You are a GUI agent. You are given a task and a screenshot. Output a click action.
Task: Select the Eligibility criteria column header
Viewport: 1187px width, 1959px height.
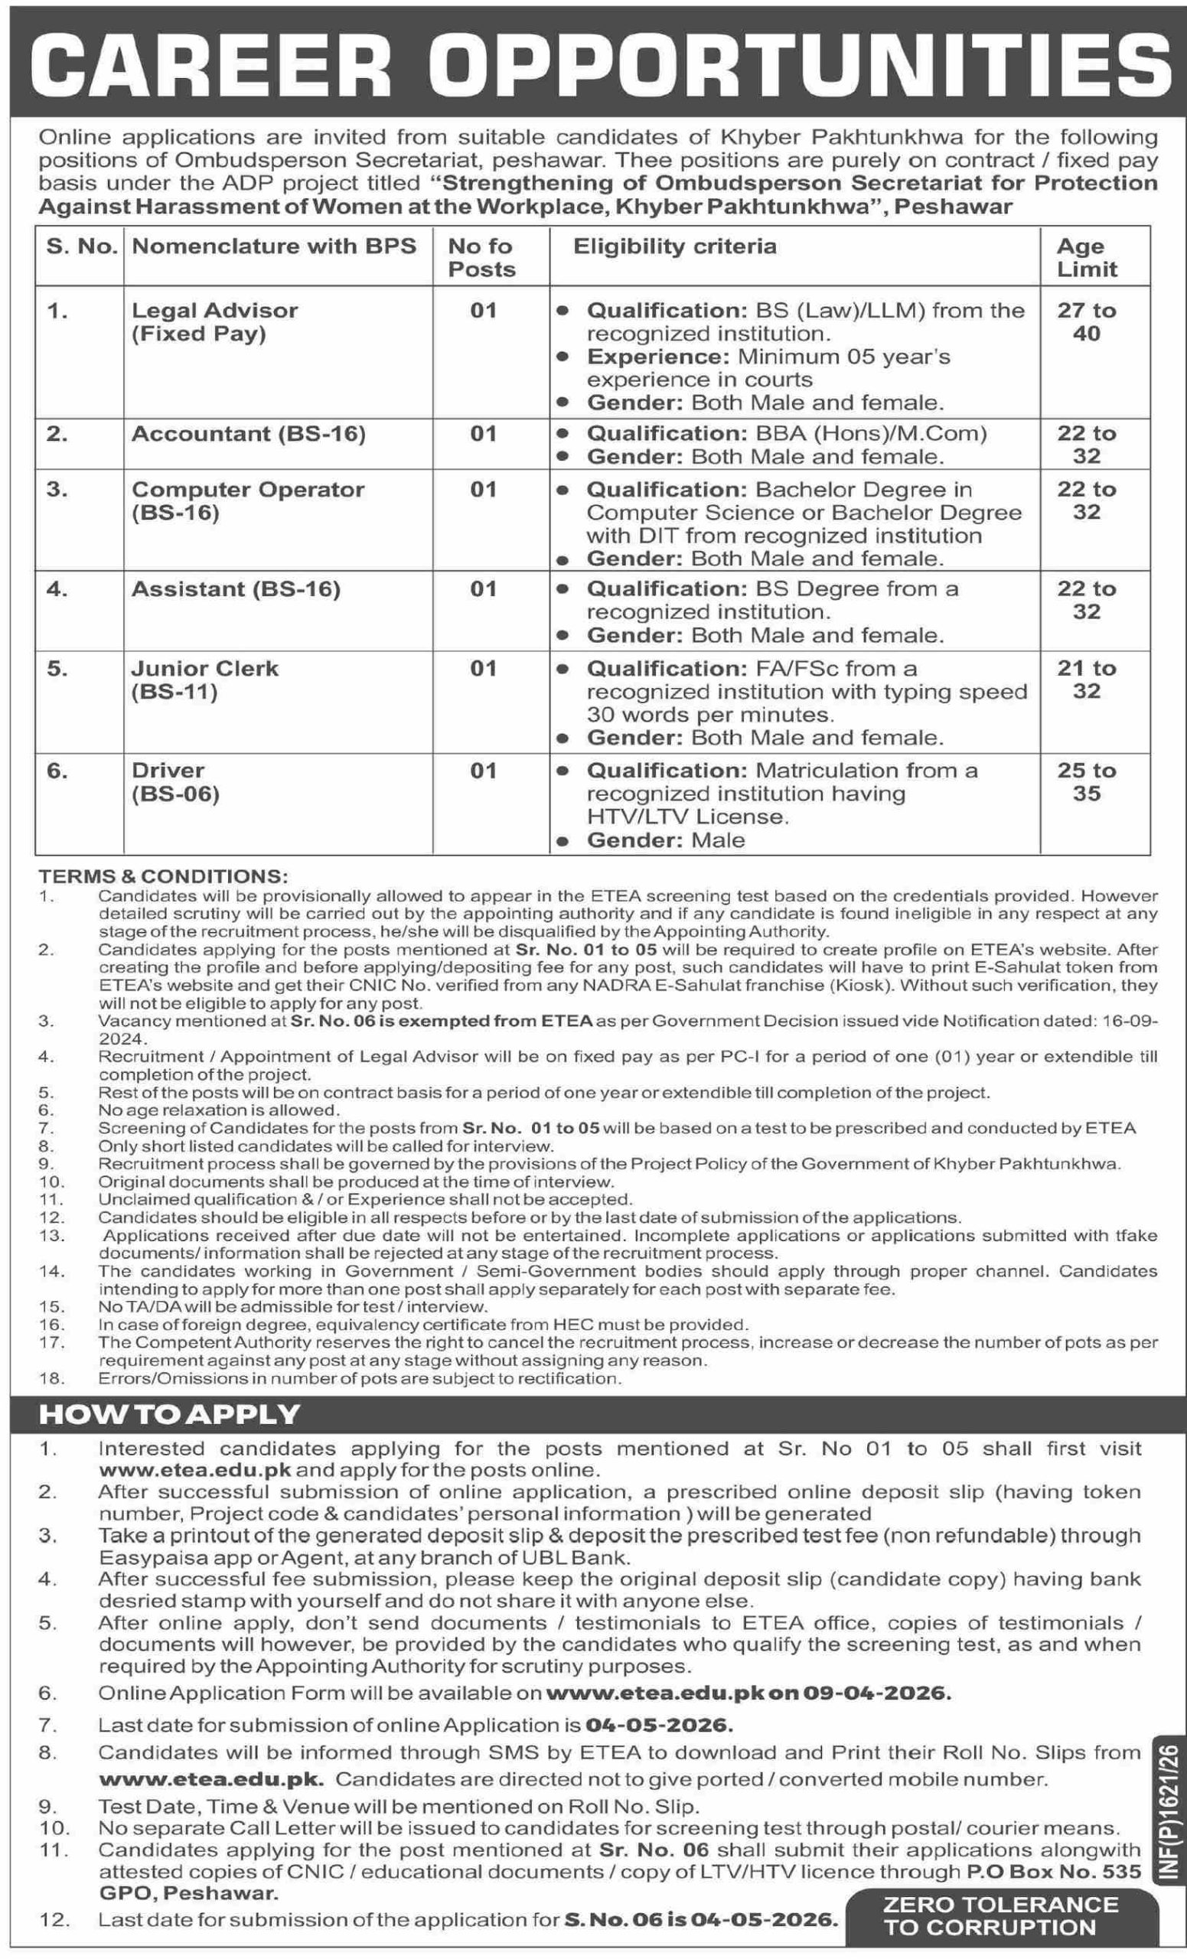click(x=674, y=246)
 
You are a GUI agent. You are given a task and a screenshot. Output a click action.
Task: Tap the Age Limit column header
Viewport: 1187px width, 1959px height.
click(x=1086, y=258)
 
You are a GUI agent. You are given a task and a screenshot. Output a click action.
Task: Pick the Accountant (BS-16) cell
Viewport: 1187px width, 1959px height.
click(x=248, y=434)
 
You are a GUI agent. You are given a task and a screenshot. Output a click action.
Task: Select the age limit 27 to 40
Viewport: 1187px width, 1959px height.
click(x=1086, y=321)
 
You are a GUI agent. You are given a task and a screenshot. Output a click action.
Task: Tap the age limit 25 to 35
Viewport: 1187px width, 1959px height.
click(x=1086, y=781)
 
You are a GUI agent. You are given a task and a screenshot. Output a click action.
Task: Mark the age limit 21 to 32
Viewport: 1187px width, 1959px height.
click(x=1086, y=679)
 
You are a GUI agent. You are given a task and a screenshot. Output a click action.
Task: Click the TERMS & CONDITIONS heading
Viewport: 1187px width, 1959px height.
click(x=163, y=876)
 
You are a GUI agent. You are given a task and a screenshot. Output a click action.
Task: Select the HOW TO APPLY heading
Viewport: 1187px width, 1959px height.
click(x=169, y=1414)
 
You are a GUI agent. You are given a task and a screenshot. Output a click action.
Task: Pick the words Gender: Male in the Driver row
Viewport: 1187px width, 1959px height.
click(x=666, y=840)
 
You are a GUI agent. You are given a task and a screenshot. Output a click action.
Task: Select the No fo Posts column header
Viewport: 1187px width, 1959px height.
click(x=482, y=258)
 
